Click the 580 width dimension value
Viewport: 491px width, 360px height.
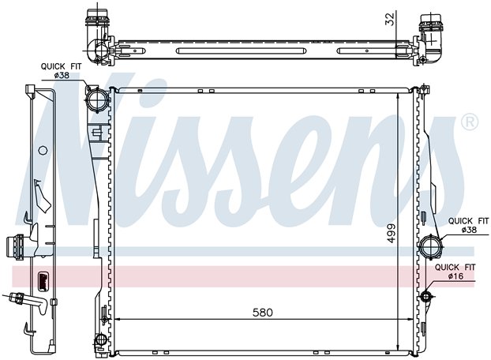coord(263,312)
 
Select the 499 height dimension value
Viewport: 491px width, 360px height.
coord(392,234)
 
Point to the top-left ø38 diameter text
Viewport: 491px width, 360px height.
coord(62,75)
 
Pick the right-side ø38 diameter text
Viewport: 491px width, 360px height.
coord(469,230)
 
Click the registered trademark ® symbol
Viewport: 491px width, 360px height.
coord(470,122)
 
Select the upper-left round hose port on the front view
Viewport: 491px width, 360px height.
coord(97,99)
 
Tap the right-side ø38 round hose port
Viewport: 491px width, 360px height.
coord(431,246)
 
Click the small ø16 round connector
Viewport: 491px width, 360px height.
coord(425,296)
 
